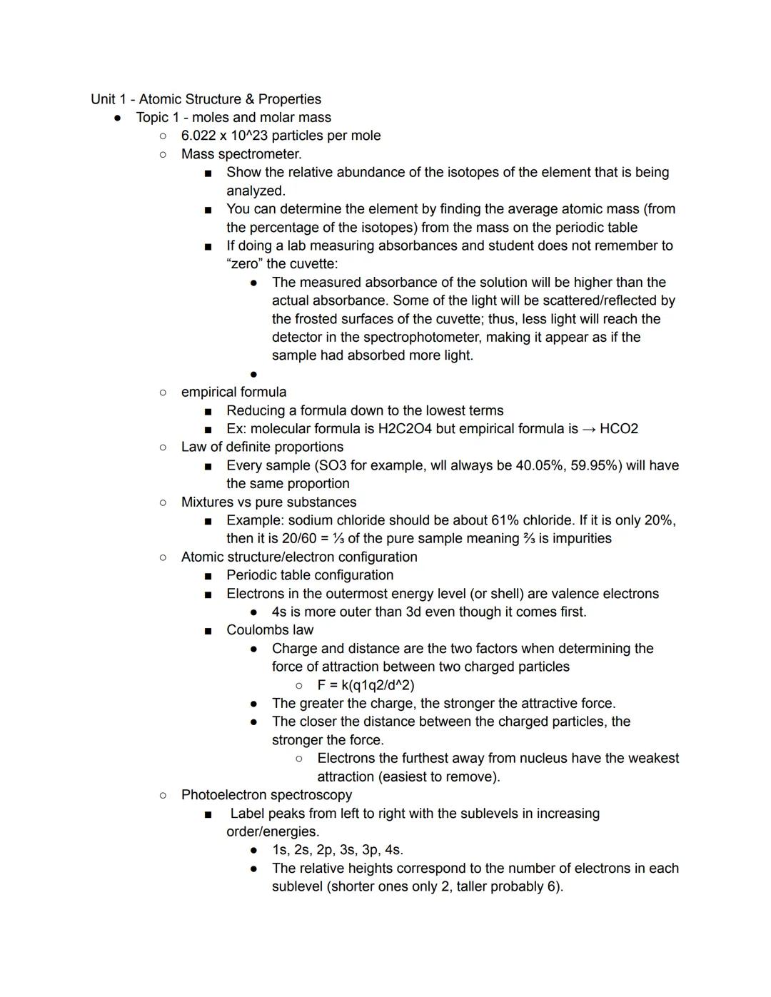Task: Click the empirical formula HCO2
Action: coord(619,429)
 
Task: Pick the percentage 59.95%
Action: coord(594,465)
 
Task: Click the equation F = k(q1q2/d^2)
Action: coord(366,685)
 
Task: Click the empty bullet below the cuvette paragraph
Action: coord(254,374)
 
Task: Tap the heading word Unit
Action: coord(104,99)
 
